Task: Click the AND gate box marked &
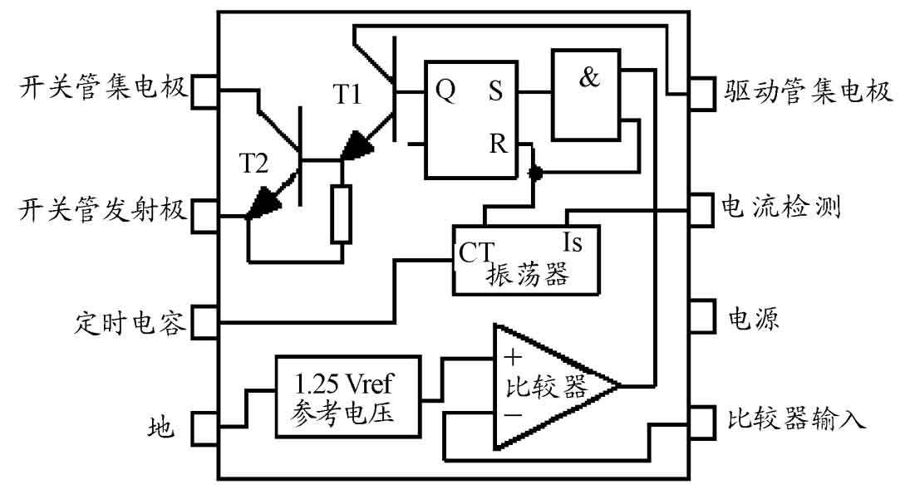point(586,95)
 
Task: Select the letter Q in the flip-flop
point(445,90)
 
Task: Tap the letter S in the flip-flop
point(495,90)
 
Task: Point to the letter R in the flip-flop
point(498,144)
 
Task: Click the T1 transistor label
point(347,94)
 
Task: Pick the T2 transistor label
point(254,164)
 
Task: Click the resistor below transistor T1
point(341,214)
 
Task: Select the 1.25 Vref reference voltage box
point(348,397)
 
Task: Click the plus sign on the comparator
point(513,357)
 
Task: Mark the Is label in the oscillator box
point(573,242)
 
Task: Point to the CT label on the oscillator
point(476,252)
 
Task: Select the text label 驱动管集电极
point(808,91)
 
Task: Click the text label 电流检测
point(781,207)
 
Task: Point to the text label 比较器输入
point(796,418)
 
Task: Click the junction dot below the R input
point(536,173)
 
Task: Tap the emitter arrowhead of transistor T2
point(264,202)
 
